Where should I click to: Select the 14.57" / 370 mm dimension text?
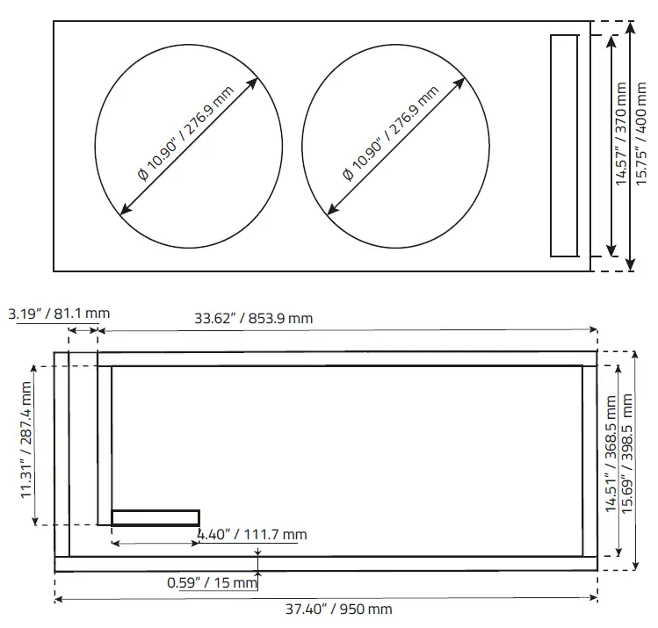(622, 134)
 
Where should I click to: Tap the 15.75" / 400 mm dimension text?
(643, 134)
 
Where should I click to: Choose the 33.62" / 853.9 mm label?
(254, 318)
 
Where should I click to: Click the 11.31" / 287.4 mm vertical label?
(27, 439)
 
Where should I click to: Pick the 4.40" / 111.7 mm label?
(252, 534)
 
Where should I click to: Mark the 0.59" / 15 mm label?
(212, 581)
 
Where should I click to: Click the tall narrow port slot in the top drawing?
(564, 146)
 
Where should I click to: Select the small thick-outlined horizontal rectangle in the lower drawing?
(155, 517)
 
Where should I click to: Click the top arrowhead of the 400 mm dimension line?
(630, 28)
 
